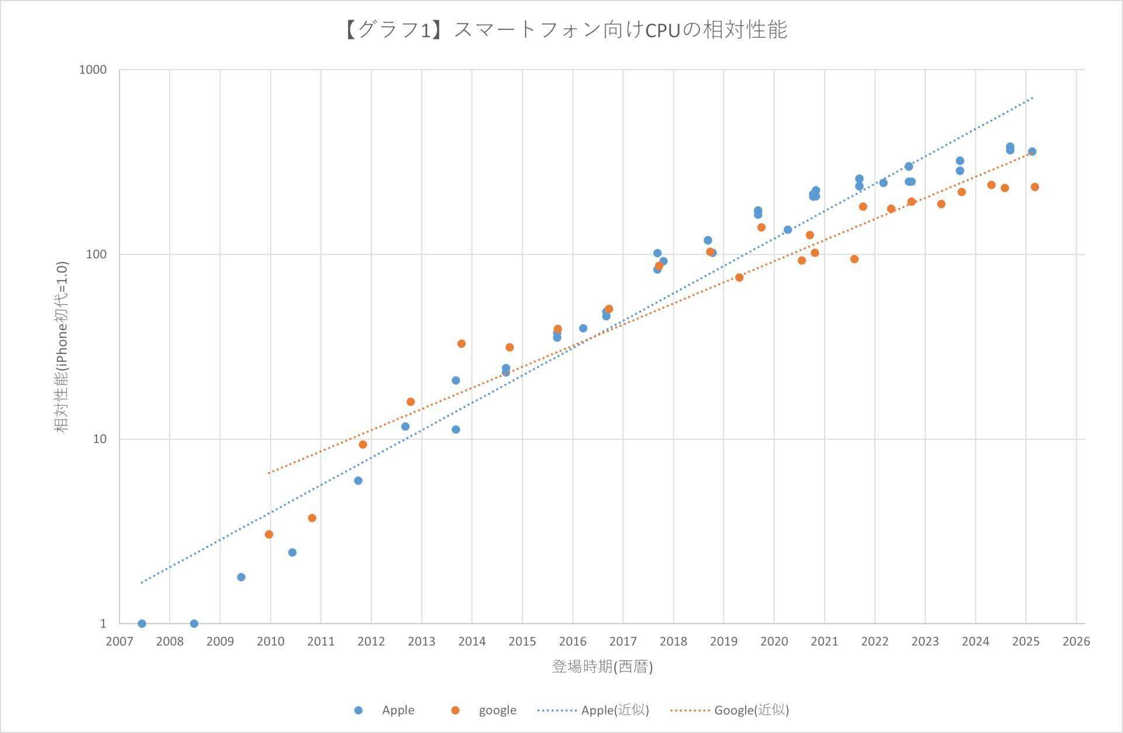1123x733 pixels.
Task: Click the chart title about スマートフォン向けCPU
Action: (x=564, y=30)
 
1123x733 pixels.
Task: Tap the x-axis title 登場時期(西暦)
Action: (x=602, y=666)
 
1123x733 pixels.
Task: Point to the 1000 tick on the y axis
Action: (x=93, y=70)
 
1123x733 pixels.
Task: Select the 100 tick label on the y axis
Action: (x=96, y=254)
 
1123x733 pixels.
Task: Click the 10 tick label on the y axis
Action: (x=99, y=439)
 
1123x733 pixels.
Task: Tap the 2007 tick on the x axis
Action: (x=119, y=641)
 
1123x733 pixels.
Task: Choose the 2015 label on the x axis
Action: (x=522, y=641)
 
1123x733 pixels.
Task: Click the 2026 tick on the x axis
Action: (x=1076, y=641)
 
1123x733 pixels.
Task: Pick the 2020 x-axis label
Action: (x=774, y=641)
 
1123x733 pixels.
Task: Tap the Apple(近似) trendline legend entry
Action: (x=593, y=710)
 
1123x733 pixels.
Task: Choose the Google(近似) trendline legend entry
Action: (x=729, y=710)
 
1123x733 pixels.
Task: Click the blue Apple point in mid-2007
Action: (x=142, y=624)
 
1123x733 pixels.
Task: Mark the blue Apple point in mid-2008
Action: (x=194, y=624)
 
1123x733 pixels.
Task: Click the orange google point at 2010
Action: (x=269, y=534)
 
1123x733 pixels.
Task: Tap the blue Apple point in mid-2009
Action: (x=241, y=577)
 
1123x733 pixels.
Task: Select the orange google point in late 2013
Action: (x=461, y=344)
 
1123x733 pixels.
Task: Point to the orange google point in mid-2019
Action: (x=739, y=278)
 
